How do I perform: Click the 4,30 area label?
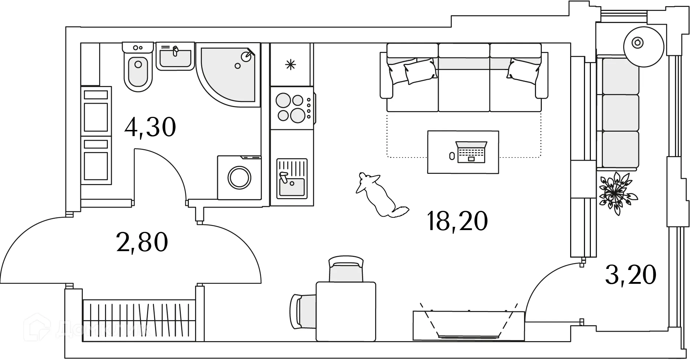click(150, 127)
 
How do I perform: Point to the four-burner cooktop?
click(291, 107)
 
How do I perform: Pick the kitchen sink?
click(292, 179)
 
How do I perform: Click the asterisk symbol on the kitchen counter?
click(290, 65)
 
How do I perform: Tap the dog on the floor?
click(379, 196)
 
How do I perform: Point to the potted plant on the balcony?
click(616, 192)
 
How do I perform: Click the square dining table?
click(346, 311)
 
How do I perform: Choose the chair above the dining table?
click(345, 269)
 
